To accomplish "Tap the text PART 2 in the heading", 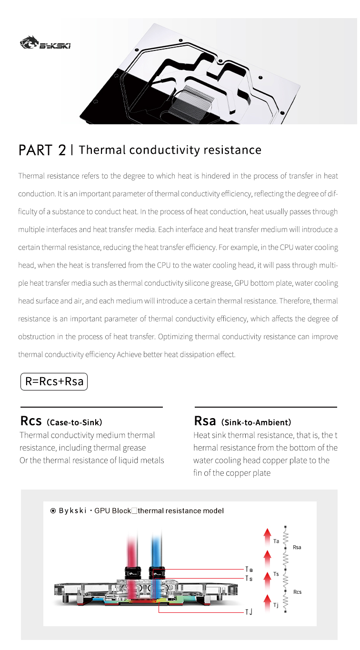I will [42, 150].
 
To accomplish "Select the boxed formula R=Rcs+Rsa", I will [54, 382].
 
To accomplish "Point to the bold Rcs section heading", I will [31, 421].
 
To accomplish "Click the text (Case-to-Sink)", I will [75, 422].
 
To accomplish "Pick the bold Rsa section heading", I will [205, 421].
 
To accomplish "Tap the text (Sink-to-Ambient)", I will [256, 422].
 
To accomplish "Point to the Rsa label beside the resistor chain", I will [297, 547].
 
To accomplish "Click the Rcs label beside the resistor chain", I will [297, 592].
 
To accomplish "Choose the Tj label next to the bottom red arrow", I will [276, 605].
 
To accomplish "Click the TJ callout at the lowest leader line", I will [249, 612].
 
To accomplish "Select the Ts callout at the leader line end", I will [249, 578].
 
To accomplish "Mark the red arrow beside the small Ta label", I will [267, 537].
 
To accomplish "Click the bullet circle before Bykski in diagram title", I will [53, 511].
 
